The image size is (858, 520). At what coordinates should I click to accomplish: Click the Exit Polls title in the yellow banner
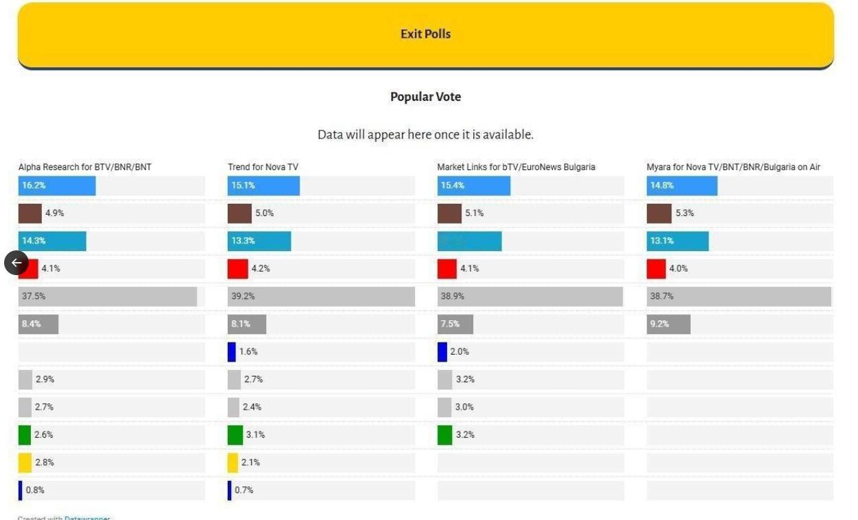(x=425, y=34)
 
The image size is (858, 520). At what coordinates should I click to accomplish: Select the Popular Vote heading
(x=425, y=97)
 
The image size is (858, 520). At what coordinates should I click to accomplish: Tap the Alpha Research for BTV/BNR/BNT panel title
(x=84, y=167)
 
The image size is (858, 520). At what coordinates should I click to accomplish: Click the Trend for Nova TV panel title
(x=263, y=167)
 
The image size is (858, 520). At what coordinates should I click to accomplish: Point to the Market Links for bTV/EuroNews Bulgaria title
(x=516, y=167)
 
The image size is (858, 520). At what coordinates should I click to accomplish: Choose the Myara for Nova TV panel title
(x=733, y=167)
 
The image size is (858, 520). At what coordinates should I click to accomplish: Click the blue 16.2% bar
(x=57, y=185)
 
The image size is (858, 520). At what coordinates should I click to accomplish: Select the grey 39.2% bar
(x=321, y=296)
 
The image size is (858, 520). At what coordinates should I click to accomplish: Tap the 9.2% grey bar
(x=668, y=324)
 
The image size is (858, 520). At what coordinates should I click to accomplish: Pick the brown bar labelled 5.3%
(x=658, y=213)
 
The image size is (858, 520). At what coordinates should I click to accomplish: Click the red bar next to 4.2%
(x=237, y=269)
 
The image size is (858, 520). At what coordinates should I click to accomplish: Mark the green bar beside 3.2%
(x=445, y=435)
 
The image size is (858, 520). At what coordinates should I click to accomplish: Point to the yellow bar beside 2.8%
(x=25, y=462)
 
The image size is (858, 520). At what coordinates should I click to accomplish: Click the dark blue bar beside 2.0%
(x=442, y=352)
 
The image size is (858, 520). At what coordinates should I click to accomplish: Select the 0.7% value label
(x=243, y=490)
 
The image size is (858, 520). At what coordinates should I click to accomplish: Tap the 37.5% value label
(x=33, y=296)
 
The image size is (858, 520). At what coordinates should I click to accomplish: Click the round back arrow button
(x=16, y=263)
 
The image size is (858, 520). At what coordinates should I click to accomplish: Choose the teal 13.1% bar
(x=677, y=241)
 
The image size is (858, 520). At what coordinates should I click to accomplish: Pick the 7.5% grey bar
(x=455, y=324)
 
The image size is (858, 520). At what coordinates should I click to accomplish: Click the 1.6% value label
(x=248, y=352)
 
